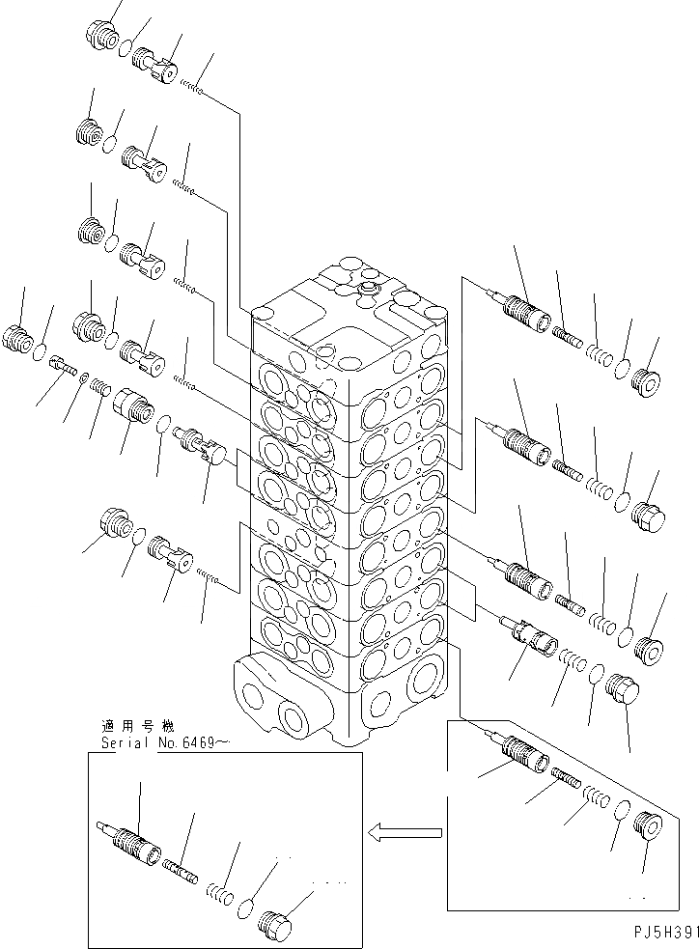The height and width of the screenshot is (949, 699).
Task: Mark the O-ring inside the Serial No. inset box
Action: click(x=246, y=907)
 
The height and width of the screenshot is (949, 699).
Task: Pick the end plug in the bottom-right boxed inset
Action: click(x=649, y=830)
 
